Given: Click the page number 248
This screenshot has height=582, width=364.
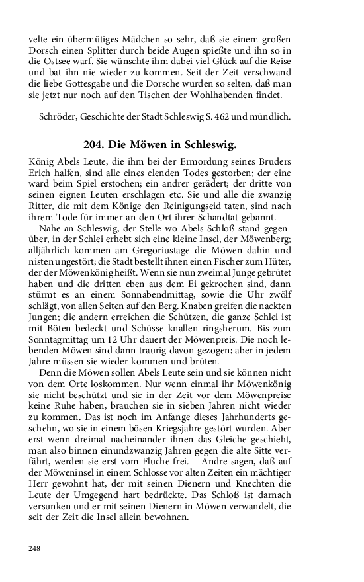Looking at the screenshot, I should [34, 548].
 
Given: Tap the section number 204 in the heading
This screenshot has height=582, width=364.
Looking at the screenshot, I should [94, 144].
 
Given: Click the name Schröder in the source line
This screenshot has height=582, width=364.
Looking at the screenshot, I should [58, 119].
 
